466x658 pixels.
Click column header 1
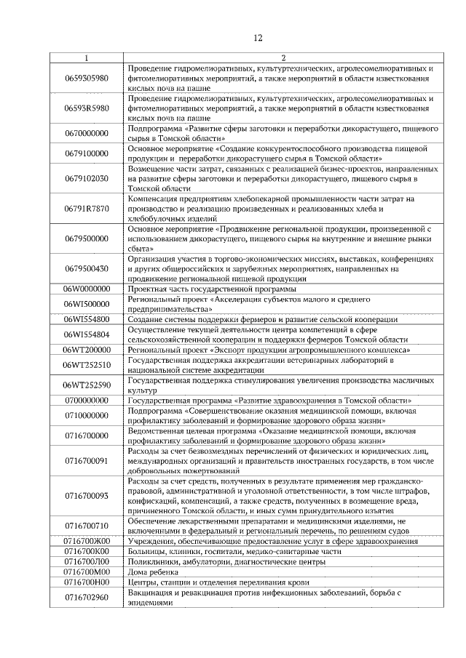click(87, 57)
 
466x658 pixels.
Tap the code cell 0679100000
click(87, 153)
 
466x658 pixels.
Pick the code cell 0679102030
click(87, 178)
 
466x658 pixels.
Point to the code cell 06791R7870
click(87, 209)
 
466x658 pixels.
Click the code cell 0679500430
click(87, 269)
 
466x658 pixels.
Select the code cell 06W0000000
click(87, 289)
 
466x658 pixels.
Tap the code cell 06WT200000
click(87, 350)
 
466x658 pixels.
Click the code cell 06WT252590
click(87, 385)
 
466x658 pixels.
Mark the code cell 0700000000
click(87, 401)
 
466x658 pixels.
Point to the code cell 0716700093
click(87, 496)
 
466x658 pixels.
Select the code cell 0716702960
click(87, 598)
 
